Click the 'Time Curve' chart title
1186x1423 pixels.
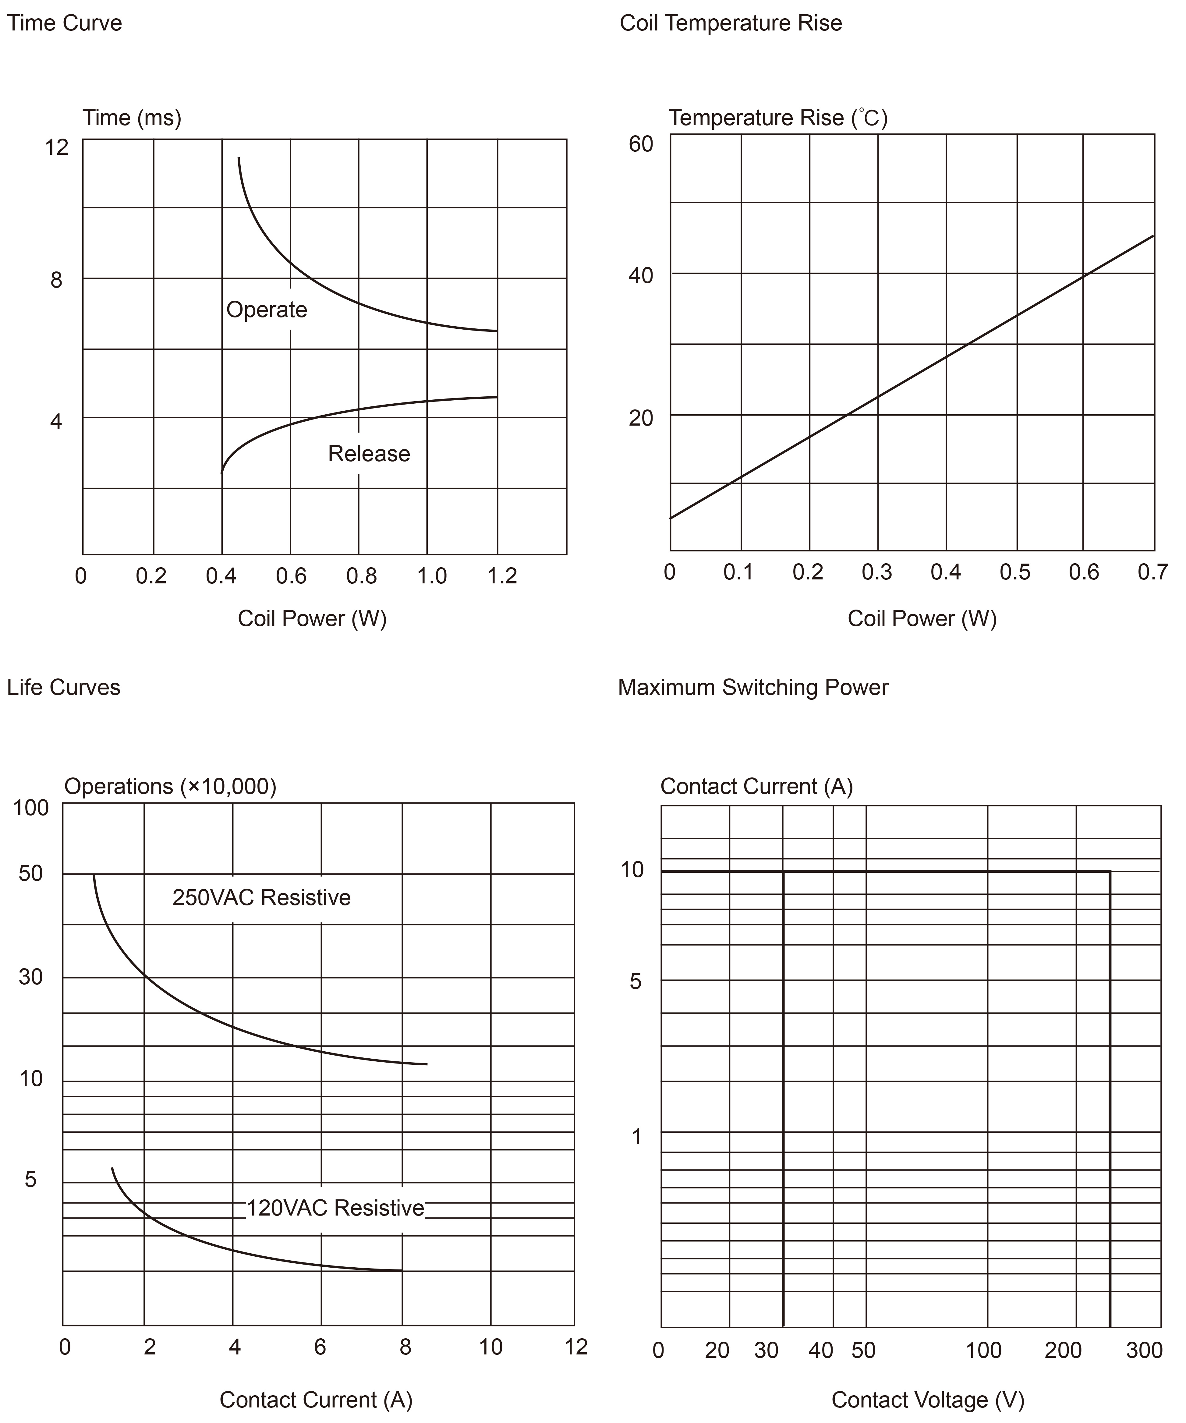(64, 23)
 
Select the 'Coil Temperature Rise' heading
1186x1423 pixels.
(731, 23)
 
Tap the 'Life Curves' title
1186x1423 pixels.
(64, 687)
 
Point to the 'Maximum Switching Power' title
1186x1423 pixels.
(753, 687)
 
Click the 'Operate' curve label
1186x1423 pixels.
(266, 310)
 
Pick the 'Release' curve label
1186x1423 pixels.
(369, 453)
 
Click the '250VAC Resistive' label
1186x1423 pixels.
(262, 897)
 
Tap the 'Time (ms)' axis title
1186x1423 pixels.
(132, 118)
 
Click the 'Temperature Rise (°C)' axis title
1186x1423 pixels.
(778, 118)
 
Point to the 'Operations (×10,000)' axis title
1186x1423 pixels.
(170, 786)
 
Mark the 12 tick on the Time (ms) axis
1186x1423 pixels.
(57, 147)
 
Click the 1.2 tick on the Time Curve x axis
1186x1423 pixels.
(502, 576)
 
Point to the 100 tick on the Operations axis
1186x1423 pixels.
(31, 808)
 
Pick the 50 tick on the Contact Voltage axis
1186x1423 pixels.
(863, 1350)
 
